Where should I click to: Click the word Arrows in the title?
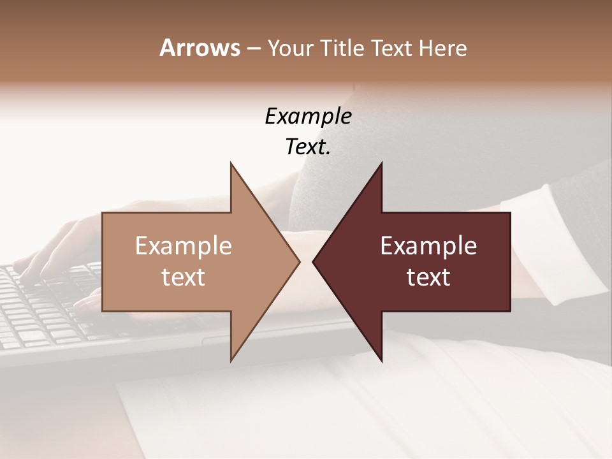pyautogui.click(x=200, y=48)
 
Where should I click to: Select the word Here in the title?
pyautogui.click(x=442, y=48)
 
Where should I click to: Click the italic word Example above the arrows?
pyautogui.click(x=308, y=117)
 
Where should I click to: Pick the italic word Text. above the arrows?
pyautogui.click(x=308, y=147)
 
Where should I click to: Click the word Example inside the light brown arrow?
pyautogui.click(x=184, y=246)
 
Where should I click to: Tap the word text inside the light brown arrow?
pyautogui.click(x=184, y=277)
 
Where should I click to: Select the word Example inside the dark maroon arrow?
pyautogui.click(x=428, y=246)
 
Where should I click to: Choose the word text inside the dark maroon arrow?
pyautogui.click(x=428, y=277)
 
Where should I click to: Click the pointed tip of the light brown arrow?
pyautogui.click(x=299, y=261)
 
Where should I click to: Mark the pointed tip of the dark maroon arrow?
pyautogui.click(x=314, y=261)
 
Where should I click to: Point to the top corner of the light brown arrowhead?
pyautogui.click(x=231, y=164)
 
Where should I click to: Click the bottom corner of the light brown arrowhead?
pyautogui.click(x=231, y=360)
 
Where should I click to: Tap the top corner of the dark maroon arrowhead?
pyautogui.click(x=381, y=164)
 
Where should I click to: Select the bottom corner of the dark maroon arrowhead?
pyautogui.click(x=381, y=360)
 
